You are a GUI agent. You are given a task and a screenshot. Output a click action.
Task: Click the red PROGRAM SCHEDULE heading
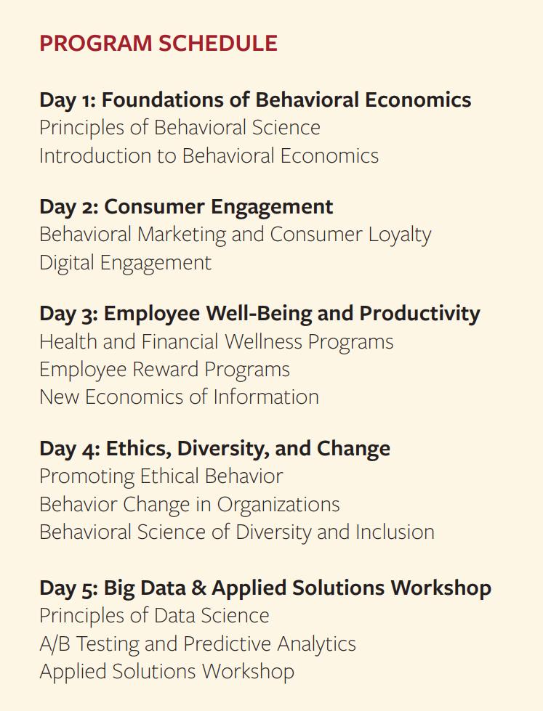[x=158, y=43]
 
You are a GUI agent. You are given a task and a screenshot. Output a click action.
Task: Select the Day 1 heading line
[x=255, y=99]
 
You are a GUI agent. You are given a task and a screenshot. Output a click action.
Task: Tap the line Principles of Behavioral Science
[x=180, y=127]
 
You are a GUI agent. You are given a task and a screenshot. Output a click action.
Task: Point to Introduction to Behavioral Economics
[x=209, y=155]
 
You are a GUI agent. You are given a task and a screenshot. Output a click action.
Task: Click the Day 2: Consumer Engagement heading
[x=186, y=206]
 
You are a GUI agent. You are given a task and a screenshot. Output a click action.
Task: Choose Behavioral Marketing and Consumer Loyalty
[x=235, y=234]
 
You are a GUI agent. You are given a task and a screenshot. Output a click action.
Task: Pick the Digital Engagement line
[x=125, y=262]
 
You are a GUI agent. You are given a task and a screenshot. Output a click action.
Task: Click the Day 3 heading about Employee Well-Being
[x=260, y=313]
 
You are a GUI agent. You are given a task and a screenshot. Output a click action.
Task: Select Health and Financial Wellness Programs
[x=216, y=341]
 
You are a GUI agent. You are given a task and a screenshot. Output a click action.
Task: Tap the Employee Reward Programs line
[x=164, y=369]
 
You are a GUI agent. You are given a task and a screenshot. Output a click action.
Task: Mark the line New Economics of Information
[x=179, y=397]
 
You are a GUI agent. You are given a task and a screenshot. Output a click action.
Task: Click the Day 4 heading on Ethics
[x=214, y=448]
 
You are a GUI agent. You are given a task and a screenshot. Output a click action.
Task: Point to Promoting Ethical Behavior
[x=161, y=476]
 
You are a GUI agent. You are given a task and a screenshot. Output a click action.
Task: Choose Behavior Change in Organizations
[x=189, y=504]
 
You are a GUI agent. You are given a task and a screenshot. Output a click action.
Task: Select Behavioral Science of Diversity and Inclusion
[x=236, y=532]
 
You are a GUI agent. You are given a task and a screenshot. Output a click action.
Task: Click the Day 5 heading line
[x=265, y=588]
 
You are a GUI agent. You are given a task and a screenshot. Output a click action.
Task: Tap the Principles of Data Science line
[x=154, y=615]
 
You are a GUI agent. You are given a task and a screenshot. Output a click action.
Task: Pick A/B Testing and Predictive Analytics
[x=197, y=643]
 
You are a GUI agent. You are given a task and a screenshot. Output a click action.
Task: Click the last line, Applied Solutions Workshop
[x=166, y=671]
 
